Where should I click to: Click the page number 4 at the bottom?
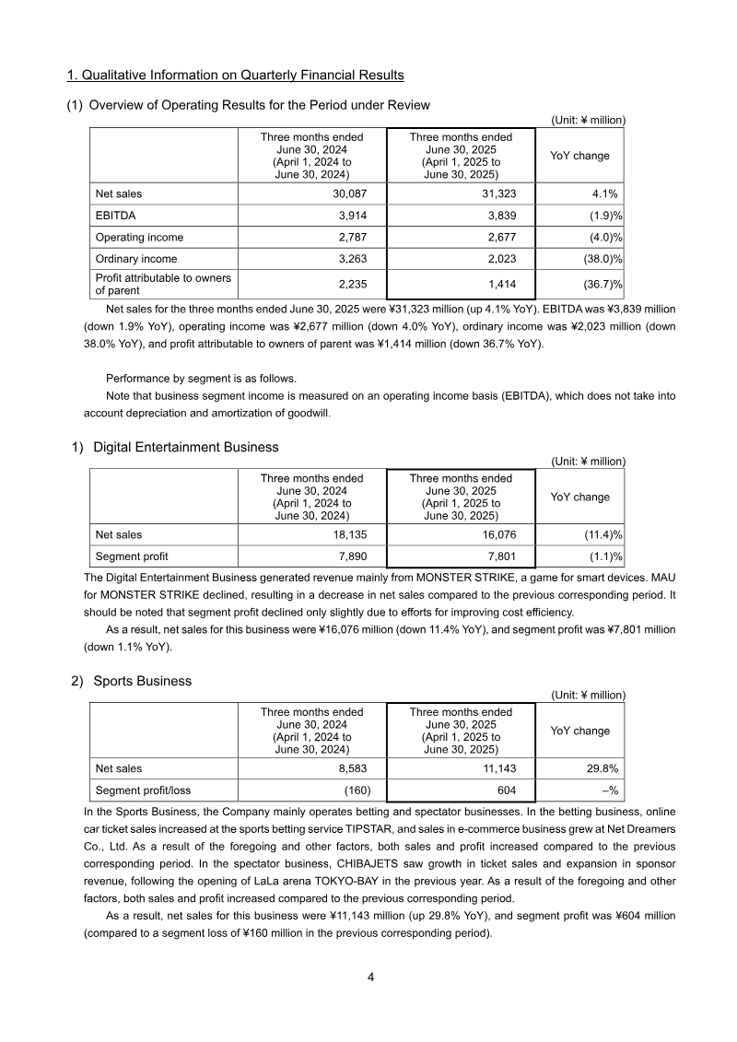point(369,978)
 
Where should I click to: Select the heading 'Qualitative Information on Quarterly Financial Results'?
point(236,75)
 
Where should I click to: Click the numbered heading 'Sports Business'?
point(143,681)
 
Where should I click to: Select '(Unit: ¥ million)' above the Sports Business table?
point(588,695)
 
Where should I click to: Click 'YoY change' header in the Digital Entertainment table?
point(579,497)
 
